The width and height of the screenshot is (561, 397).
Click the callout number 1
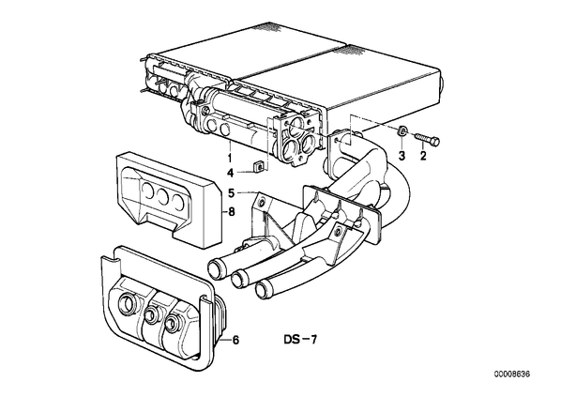(x=229, y=157)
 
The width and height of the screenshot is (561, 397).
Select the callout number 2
(x=423, y=156)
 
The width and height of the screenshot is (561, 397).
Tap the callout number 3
(x=402, y=156)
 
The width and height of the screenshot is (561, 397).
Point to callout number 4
(x=230, y=174)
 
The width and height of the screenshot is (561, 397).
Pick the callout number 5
(x=232, y=193)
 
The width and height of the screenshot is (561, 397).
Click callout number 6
(x=235, y=340)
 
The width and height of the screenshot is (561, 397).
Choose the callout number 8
(x=232, y=212)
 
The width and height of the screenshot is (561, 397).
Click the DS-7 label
(x=300, y=340)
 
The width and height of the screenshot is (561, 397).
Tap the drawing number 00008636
(x=512, y=374)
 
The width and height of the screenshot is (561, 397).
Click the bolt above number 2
(x=427, y=139)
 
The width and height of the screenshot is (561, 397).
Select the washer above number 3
(x=402, y=131)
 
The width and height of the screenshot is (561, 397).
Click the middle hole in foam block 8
(x=163, y=195)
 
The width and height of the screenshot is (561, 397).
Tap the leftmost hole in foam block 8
(x=147, y=191)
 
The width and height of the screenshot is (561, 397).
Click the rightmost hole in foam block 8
(x=178, y=202)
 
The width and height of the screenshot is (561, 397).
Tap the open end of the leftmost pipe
(x=215, y=270)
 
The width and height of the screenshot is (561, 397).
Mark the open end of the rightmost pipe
(x=263, y=289)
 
